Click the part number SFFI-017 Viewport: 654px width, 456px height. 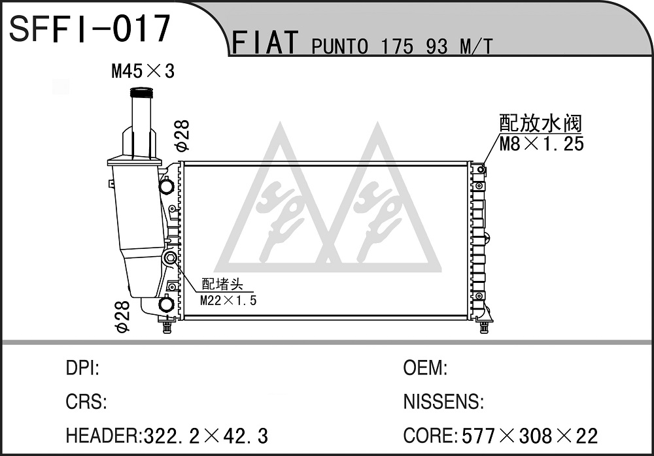90,28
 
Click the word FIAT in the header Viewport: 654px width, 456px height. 265,42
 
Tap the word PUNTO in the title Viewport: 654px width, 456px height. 340,46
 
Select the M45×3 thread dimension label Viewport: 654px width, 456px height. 143,71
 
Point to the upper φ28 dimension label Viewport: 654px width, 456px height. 182,135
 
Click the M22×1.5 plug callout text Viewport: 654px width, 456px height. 228,300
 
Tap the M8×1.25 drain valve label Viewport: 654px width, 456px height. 542,144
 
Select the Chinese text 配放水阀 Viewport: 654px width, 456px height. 541,123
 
